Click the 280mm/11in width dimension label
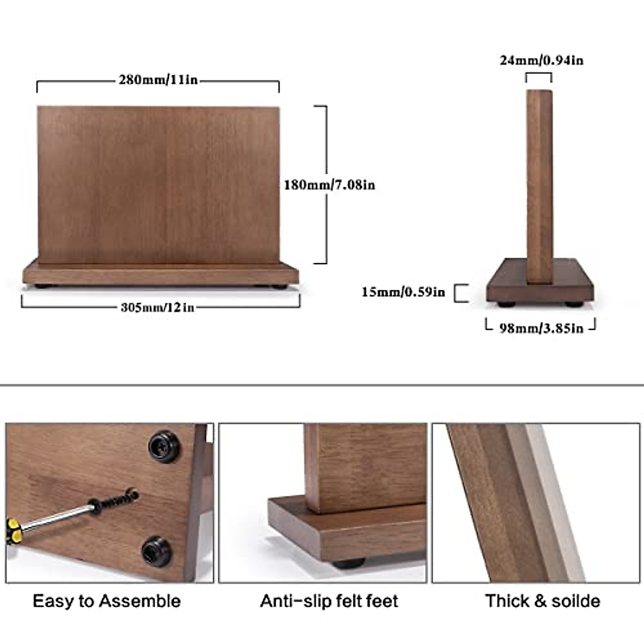[158, 80]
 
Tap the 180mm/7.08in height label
[329, 185]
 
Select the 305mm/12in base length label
[157, 308]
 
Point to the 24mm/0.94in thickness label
[541, 60]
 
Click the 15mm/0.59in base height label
[403, 292]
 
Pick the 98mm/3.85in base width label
[541, 328]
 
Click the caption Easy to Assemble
[107, 601]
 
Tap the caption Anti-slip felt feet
[329, 601]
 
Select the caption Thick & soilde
[542, 601]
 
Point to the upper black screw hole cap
[164, 446]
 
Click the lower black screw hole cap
[157, 551]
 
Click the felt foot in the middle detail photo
[348, 563]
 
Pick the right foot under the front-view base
[278, 287]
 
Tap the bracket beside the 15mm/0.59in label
[460, 293]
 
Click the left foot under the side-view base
[505, 304]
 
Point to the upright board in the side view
[539, 182]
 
